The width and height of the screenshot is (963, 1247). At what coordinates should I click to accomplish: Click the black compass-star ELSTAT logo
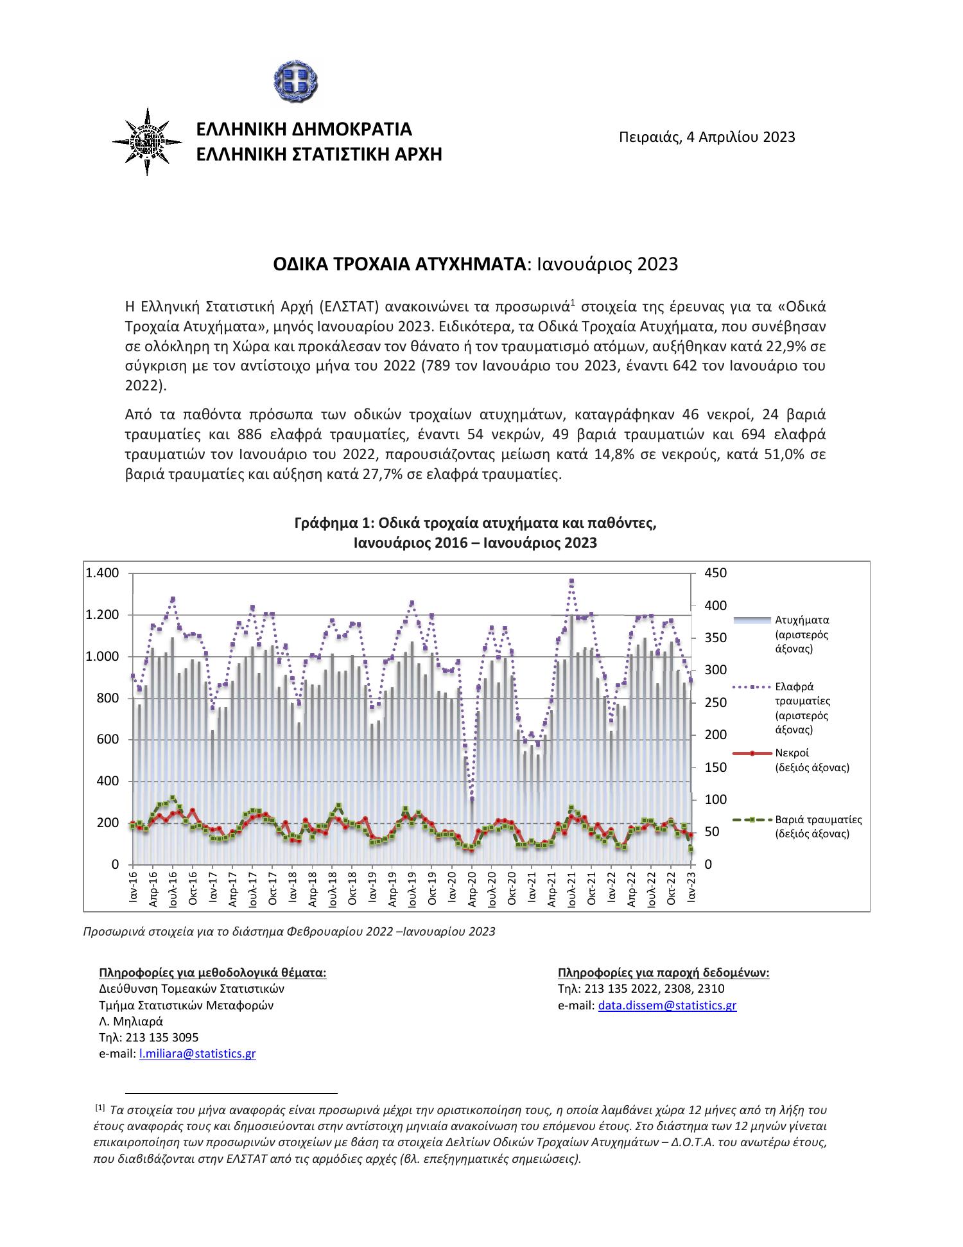coord(147,141)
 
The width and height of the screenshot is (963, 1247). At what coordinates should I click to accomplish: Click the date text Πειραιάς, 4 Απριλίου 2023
coord(707,137)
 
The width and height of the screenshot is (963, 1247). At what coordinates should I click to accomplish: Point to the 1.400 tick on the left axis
coord(103,573)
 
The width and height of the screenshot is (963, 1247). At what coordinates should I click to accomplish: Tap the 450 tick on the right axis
coord(715,573)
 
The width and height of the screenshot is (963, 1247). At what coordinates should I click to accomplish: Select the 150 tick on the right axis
coord(715,767)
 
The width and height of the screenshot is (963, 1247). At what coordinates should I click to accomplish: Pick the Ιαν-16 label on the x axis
coord(133,887)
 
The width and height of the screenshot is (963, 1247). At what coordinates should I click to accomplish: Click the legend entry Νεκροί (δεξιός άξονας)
coord(812,760)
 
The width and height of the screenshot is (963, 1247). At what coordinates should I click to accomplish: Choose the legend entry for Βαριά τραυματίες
coord(817,827)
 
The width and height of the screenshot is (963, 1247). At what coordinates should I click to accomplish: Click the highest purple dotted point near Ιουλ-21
coord(571,581)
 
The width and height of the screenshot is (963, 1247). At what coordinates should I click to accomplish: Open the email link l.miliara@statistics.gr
coord(197,1054)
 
